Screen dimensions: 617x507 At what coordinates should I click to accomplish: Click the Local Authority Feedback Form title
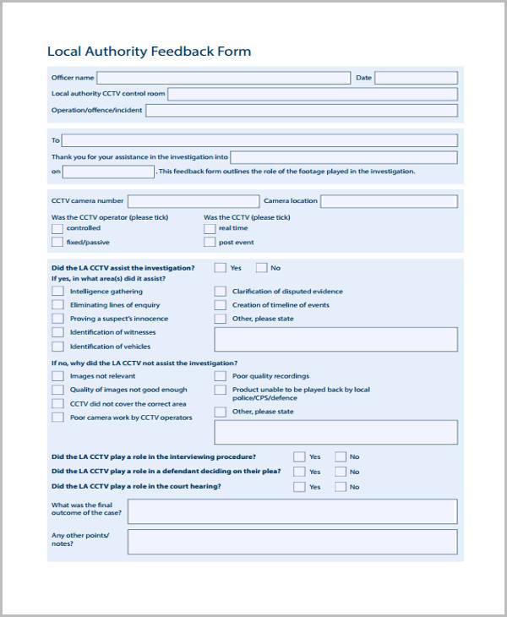point(149,52)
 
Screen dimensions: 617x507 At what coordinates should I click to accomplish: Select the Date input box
point(416,78)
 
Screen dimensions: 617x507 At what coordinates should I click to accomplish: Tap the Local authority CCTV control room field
point(313,94)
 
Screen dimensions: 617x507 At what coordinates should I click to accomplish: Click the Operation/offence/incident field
point(302,110)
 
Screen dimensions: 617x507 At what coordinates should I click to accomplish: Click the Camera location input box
point(389,201)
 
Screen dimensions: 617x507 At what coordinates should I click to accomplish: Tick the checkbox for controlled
point(57,228)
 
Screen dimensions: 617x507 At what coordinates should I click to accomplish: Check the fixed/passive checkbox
point(57,243)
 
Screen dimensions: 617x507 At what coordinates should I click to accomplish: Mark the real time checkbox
point(210,228)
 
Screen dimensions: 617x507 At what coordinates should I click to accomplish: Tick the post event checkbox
point(210,243)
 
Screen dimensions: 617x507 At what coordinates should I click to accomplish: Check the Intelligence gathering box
point(57,292)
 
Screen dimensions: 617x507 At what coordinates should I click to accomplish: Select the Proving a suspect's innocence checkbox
point(57,319)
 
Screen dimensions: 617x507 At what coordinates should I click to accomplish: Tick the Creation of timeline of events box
point(221,305)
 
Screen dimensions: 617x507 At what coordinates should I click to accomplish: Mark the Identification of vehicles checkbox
point(57,347)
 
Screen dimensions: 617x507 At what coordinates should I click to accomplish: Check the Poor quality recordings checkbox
point(221,376)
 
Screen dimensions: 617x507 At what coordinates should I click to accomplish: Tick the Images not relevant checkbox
point(57,376)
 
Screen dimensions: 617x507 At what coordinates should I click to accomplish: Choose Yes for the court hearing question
point(299,487)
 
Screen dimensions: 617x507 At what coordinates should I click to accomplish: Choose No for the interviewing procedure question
point(341,456)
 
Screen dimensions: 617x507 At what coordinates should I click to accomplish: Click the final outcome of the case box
point(292,511)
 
